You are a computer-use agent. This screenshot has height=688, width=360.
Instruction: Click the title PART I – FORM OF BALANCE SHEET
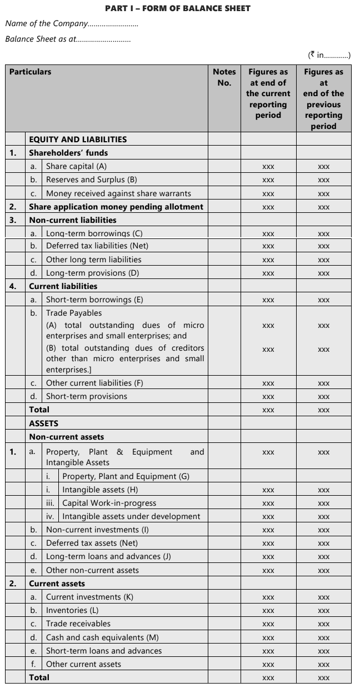(177, 8)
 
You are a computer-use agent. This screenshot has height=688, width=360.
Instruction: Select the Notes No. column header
(224, 77)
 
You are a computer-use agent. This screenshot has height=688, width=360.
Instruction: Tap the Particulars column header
(31, 72)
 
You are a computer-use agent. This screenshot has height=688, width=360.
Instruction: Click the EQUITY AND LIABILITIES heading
(78, 139)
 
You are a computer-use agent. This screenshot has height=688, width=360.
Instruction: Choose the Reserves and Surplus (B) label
(91, 180)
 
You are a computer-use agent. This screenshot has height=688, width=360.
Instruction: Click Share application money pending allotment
(116, 207)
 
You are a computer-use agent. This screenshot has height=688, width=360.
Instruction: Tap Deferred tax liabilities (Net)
(97, 246)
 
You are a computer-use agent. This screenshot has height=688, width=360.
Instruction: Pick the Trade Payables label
(74, 313)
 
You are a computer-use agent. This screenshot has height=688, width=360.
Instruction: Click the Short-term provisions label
(86, 396)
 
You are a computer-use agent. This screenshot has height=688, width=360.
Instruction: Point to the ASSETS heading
(44, 423)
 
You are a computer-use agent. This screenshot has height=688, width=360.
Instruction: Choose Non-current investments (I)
(97, 530)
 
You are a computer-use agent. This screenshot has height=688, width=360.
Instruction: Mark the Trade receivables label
(78, 624)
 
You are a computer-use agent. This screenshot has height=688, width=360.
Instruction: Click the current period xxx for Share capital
(268, 167)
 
